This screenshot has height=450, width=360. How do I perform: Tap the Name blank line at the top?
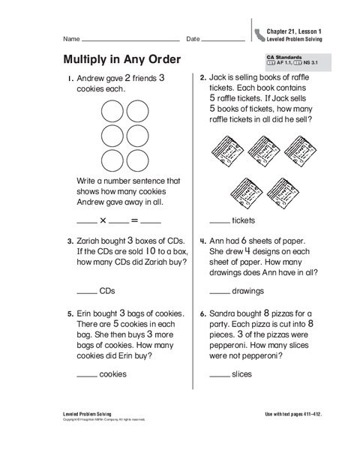coord(130,39)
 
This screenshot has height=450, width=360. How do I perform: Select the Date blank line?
coord(224,39)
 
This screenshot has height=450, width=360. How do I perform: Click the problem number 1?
coord(68,78)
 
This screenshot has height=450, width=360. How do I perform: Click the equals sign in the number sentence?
coord(135,220)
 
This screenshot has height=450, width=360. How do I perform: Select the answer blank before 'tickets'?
coord(220,223)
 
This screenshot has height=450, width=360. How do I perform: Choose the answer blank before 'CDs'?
coord(87,292)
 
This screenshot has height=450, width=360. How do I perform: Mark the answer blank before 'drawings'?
coord(220,292)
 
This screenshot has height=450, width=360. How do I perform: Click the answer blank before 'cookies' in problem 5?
coord(87,374)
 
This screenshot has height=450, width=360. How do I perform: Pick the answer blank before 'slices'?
coord(220,374)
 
